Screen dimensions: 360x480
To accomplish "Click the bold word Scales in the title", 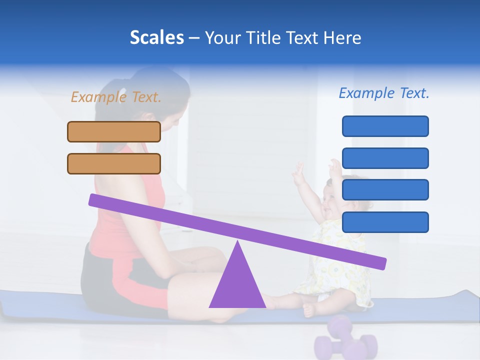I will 156,38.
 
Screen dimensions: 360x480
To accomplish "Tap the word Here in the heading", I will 342,38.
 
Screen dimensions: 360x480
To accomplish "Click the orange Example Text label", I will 116,97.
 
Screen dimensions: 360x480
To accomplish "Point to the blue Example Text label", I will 384,93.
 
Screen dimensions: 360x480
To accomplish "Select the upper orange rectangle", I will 114,131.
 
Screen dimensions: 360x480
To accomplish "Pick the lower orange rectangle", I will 114,163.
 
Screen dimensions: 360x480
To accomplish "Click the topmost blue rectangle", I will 385,126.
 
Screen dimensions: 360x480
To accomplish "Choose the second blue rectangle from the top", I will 385,158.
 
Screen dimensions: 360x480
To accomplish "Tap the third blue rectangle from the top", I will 385,190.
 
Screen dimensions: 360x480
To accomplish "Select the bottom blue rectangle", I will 385,222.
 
